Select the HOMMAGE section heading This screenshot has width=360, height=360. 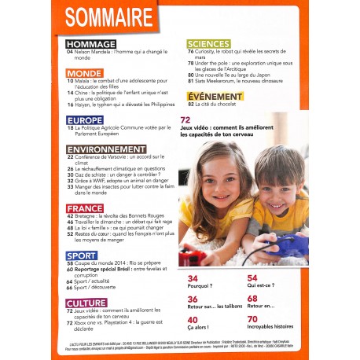coord(93,44)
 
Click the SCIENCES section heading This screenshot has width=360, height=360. coord(208,44)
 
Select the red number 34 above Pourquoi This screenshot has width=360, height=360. coord(193,278)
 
